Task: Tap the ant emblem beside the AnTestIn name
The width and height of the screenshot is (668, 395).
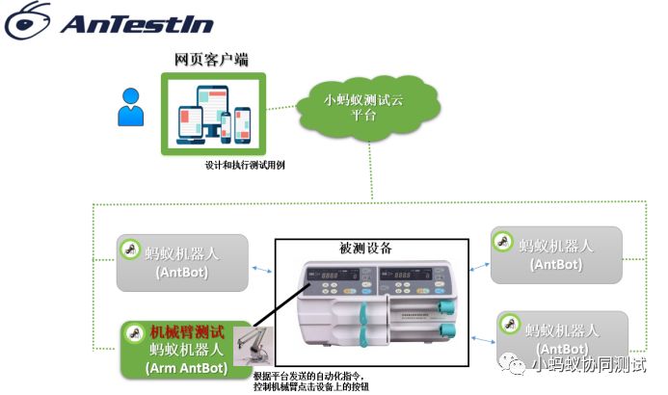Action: pos(29,20)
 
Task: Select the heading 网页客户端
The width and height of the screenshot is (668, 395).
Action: pos(211,60)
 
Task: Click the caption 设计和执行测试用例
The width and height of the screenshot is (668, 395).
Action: pos(244,165)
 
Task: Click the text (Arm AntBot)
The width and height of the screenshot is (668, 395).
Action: pos(187,367)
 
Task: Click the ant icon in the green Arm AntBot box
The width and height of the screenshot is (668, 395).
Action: pos(134,334)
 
